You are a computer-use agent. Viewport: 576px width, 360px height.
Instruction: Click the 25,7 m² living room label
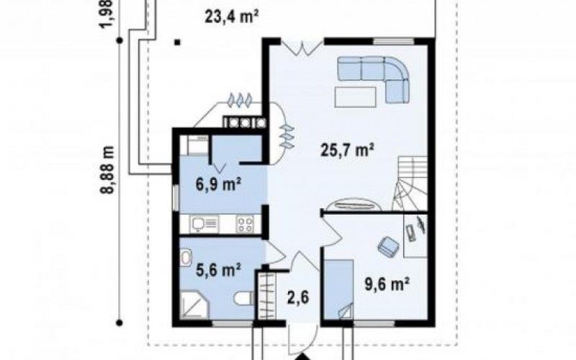347,150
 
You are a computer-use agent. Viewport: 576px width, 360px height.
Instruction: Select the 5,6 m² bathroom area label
218,271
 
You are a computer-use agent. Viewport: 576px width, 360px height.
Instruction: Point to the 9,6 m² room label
387,284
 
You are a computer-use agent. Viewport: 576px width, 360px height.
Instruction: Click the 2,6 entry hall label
298,297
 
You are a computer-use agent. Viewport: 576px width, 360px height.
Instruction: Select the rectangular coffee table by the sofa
355,96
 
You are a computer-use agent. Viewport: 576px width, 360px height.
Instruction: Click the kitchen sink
204,224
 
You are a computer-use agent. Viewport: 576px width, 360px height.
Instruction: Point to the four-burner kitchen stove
245,224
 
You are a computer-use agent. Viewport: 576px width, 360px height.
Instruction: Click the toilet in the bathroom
243,298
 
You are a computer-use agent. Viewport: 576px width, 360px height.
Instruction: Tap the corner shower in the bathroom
194,305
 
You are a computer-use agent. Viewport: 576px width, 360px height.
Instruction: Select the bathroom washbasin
186,257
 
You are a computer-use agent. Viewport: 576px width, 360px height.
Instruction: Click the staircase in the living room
410,183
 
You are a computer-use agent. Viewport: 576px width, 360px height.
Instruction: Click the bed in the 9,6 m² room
338,289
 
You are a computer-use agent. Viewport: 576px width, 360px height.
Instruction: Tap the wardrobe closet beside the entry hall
266,296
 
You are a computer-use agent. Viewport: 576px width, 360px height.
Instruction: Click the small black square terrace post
177,42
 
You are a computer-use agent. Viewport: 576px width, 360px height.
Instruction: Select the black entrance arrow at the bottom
303,356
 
